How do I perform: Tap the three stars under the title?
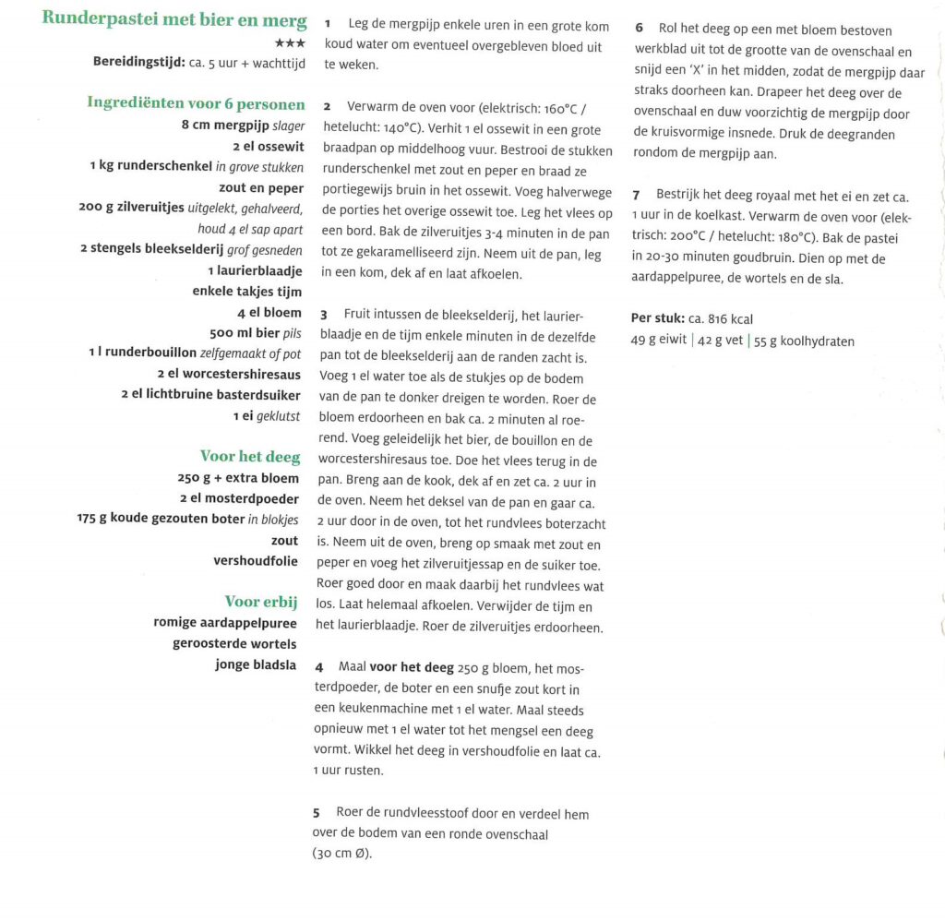pyautogui.click(x=290, y=42)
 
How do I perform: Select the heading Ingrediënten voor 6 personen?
pyautogui.click(x=195, y=102)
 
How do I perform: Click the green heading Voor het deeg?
pyautogui.click(x=249, y=456)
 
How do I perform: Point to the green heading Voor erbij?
pyautogui.click(x=261, y=602)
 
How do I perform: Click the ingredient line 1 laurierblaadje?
pyautogui.click(x=256, y=270)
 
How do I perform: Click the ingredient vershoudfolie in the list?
pyautogui.click(x=256, y=561)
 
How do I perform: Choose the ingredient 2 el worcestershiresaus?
pyautogui.click(x=230, y=374)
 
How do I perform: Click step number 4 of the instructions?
pyautogui.click(x=319, y=666)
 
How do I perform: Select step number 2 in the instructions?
pyautogui.click(x=328, y=108)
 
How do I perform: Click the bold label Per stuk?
pyautogui.click(x=658, y=319)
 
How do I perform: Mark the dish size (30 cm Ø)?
pyautogui.click(x=341, y=855)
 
